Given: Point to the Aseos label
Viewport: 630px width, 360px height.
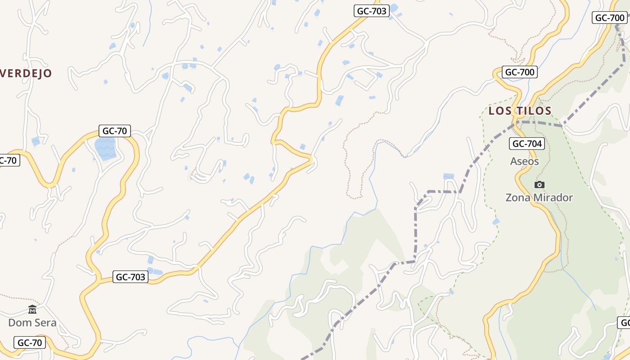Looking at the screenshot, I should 524,161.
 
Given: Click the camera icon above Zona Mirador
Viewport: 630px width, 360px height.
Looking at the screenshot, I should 539,184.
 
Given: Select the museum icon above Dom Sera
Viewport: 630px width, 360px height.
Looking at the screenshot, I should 32,309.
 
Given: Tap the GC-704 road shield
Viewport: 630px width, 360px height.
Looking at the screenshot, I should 527,144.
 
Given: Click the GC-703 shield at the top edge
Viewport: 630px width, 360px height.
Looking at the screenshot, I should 371,11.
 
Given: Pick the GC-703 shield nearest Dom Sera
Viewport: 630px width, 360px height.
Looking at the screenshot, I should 130,277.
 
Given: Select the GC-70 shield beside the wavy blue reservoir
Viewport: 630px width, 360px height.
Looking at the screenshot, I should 115,131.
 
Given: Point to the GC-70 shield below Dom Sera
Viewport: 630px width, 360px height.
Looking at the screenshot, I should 30,343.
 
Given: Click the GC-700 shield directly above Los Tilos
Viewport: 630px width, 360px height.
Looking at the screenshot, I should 520,72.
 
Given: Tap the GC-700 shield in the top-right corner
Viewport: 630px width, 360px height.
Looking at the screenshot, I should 609,18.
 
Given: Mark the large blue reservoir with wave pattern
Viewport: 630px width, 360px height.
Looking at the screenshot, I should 105,148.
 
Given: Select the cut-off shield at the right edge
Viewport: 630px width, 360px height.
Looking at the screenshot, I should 624,323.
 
